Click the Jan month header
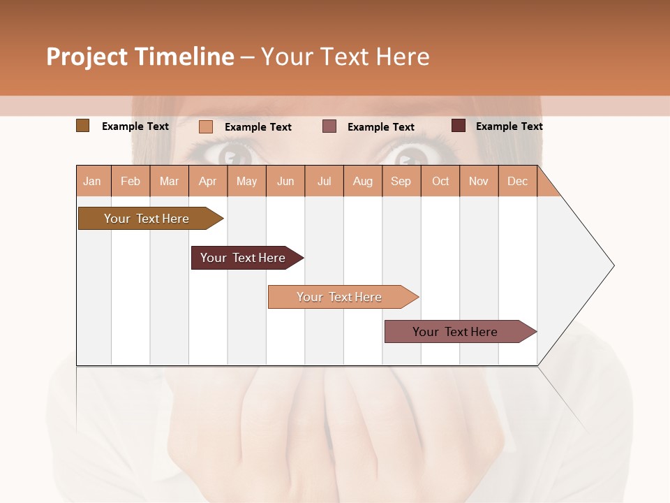click(93, 181)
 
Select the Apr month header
click(208, 181)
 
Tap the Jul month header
click(324, 181)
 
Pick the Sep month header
click(401, 181)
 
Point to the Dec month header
click(517, 181)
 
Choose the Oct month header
click(440, 181)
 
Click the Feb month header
click(131, 181)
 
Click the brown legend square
click(82, 126)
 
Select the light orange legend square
click(206, 126)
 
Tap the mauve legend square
click(329, 126)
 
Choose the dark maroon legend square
click(458, 126)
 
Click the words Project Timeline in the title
click(140, 57)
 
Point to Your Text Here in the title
click(345, 57)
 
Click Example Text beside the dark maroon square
click(509, 126)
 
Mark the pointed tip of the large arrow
click(613, 265)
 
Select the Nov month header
click(478, 181)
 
